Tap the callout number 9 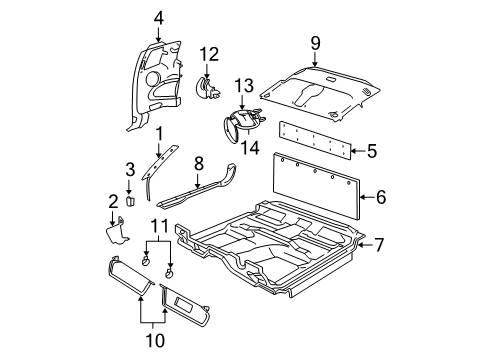tap(315, 43)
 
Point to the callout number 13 tap(244, 86)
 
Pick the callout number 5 tap(372, 152)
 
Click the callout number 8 tap(199, 162)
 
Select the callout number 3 tap(129, 168)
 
